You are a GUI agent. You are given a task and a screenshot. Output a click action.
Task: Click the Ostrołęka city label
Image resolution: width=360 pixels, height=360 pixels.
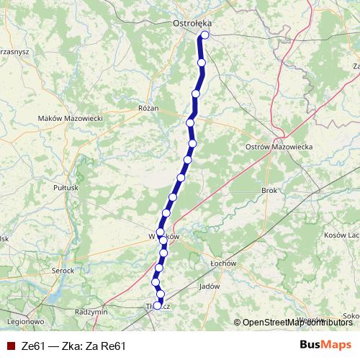192,23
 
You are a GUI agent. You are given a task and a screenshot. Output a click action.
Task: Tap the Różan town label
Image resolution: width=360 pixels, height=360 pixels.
148,107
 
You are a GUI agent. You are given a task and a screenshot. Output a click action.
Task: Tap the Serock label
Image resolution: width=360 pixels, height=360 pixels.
63,270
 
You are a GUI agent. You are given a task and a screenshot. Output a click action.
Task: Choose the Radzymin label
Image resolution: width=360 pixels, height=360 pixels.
91,312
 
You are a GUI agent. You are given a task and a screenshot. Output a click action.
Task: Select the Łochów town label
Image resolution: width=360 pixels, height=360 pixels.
222,264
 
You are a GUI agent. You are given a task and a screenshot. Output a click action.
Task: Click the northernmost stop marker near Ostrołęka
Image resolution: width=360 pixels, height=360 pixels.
204,35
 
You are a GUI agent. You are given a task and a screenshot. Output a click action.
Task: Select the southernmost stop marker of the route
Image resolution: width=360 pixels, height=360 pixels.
158,305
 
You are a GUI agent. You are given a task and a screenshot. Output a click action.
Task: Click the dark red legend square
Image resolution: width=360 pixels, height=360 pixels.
11,345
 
